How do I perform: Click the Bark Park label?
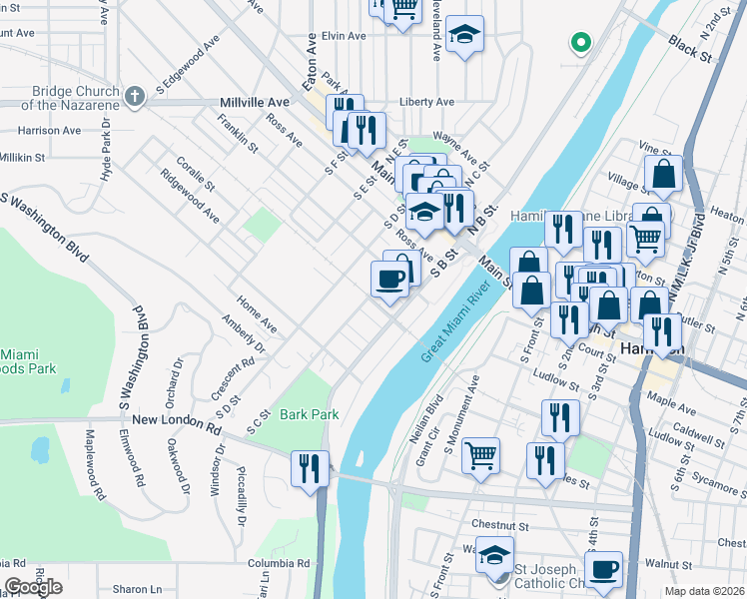(310, 414)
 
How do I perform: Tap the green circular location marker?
(579, 43)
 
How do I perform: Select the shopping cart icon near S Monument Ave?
(481, 455)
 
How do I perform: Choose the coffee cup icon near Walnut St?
(603, 569)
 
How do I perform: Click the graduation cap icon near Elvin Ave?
(464, 34)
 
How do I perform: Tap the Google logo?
(32, 587)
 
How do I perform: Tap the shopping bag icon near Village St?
(663, 173)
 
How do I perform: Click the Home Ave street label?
(257, 313)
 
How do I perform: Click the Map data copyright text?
(705, 591)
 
